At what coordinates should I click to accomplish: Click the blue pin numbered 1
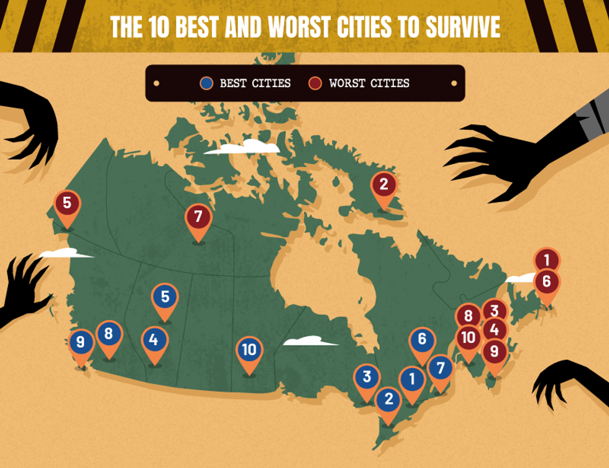pyautogui.click(x=411, y=378)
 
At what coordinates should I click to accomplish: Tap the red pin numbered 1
pyautogui.click(x=547, y=259)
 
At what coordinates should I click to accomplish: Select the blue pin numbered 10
pyautogui.click(x=249, y=350)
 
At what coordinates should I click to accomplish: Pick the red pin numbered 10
pyautogui.click(x=469, y=338)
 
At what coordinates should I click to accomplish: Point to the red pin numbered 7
pyautogui.click(x=198, y=217)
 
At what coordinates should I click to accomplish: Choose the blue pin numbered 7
pyautogui.click(x=440, y=367)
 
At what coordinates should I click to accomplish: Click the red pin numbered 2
pyautogui.click(x=383, y=184)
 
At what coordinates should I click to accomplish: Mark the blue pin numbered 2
pyautogui.click(x=389, y=398)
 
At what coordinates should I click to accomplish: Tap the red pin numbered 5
pyautogui.click(x=66, y=203)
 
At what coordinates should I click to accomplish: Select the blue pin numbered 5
pyautogui.click(x=165, y=297)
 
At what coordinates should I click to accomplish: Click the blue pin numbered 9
pyautogui.click(x=81, y=342)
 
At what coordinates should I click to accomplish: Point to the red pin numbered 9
pyautogui.click(x=494, y=351)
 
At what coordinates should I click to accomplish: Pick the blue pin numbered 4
pyautogui.click(x=154, y=340)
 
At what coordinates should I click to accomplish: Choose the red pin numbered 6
pyautogui.click(x=546, y=282)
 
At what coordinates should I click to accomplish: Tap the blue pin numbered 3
pyautogui.click(x=367, y=376)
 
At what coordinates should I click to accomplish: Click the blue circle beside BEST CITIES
pyautogui.click(x=207, y=83)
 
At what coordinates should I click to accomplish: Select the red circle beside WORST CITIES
pyautogui.click(x=316, y=83)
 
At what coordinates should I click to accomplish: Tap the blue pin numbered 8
pyautogui.click(x=109, y=334)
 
